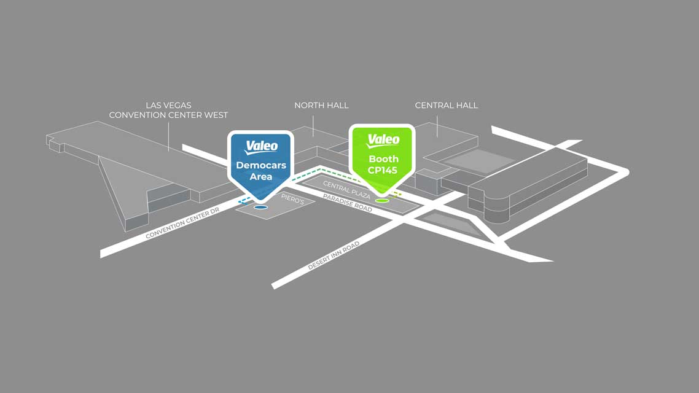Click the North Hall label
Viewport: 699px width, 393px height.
coord(321,106)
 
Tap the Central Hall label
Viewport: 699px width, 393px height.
coord(446,106)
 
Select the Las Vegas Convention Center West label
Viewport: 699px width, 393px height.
coord(168,110)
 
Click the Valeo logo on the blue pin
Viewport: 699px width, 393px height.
coord(261,147)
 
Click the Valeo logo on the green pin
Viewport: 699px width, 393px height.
coord(383,141)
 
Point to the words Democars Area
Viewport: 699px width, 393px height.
coord(261,171)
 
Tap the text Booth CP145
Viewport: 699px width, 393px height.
coord(383,164)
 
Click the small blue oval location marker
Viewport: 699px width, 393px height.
coord(260,208)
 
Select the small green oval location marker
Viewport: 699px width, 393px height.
coord(382,201)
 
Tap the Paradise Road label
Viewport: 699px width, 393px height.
coord(347,201)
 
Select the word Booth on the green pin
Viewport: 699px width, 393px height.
coord(383,159)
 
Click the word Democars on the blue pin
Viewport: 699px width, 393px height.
coord(261,165)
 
